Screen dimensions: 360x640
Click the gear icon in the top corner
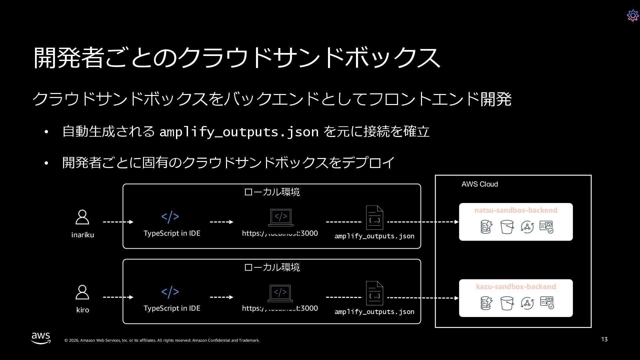[633, 15]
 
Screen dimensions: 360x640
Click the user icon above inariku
[82, 217]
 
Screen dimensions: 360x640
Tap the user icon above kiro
[82, 292]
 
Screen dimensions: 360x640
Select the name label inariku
[83, 235]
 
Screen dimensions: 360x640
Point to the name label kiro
[83, 310]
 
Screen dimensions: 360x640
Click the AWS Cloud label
[480, 184]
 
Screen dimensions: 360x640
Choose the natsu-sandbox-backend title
[516, 210]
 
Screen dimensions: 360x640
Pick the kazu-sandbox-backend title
[516, 287]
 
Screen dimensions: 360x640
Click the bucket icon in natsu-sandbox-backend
[507, 227]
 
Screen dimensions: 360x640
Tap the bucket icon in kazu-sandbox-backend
[507, 303]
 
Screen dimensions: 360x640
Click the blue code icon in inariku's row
[170, 217]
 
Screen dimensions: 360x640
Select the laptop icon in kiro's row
[280, 293]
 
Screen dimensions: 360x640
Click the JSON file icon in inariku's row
[375, 217]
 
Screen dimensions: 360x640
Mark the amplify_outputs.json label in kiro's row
[374, 312]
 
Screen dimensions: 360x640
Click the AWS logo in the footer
[41, 338]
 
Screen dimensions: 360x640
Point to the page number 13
[604, 339]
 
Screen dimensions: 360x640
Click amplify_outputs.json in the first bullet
[239, 132]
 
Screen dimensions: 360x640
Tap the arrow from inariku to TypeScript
[118, 222]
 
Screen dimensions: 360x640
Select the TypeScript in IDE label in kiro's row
[172, 308]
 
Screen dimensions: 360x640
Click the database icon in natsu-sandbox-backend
[486, 227]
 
